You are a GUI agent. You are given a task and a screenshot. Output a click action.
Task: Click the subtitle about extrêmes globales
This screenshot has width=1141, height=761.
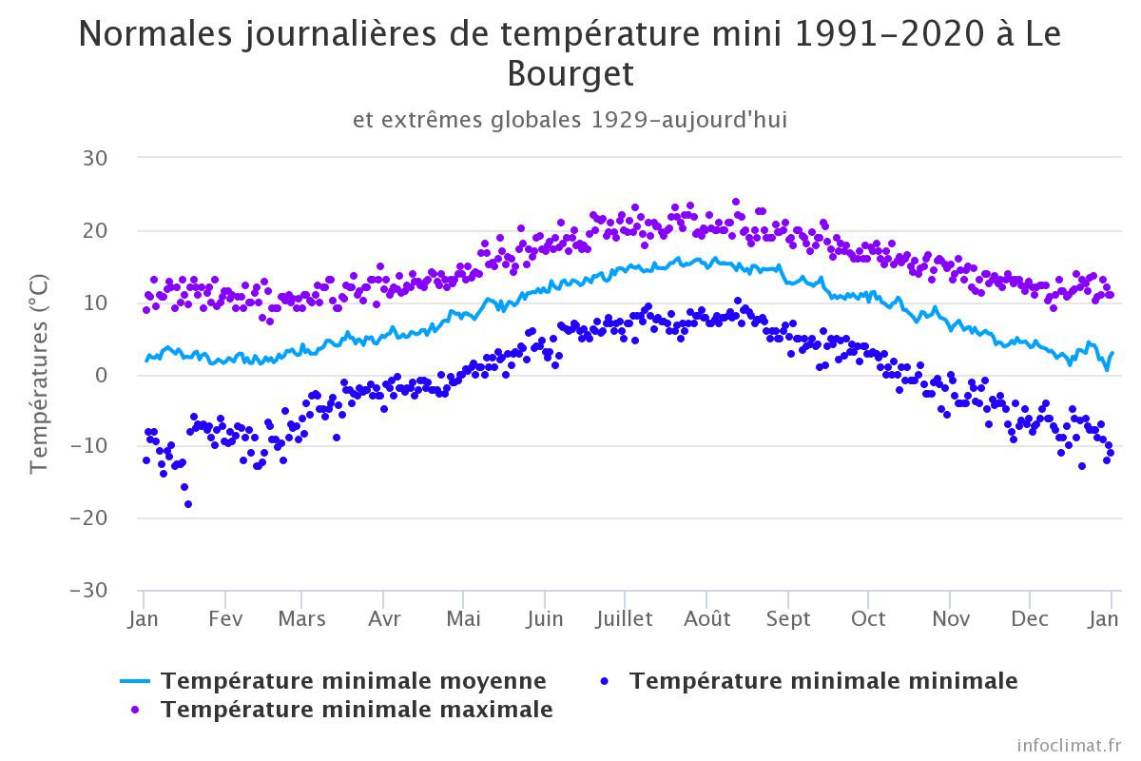pyautogui.click(x=570, y=121)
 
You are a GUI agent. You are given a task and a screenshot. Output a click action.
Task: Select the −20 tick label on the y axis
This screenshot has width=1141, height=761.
pyautogui.click(x=92, y=518)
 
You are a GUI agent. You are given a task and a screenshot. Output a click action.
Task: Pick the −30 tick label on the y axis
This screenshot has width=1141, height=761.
pyautogui.click(x=92, y=591)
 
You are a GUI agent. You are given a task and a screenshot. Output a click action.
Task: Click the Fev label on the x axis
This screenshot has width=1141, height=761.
pyautogui.click(x=225, y=619)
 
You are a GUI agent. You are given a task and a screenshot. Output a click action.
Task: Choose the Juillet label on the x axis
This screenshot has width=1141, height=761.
pyautogui.click(x=624, y=619)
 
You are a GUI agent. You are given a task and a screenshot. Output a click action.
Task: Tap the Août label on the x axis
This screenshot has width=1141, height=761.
pyautogui.click(x=707, y=619)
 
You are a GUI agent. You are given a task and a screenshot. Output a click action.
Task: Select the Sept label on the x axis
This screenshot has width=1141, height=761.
pyautogui.click(x=788, y=619)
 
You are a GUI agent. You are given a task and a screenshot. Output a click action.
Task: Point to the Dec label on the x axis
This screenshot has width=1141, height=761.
pyautogui.click(x=1030, y=619)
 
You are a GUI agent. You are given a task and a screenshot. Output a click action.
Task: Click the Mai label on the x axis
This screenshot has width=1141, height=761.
pyautogui.click(x=463, y=619)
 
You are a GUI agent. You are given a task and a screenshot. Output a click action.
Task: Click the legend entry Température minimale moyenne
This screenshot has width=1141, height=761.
pyautogui.click(x=354, y=681)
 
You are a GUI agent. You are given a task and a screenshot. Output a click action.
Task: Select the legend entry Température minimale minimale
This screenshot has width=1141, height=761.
pyautogui.click(x=823, y=681)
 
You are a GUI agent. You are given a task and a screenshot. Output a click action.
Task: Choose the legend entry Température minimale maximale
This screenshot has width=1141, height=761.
pyautogui.click(x=358, y=710)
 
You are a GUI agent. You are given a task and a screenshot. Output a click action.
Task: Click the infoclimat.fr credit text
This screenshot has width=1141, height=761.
pyautogui.click(x=1069, y=744)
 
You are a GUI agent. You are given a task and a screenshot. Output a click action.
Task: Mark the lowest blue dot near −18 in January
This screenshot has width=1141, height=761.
pyautogui.click(x=188, y=504)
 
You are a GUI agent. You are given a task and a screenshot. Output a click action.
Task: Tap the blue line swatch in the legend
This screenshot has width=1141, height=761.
pyautogui.click(x=136, y=681)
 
